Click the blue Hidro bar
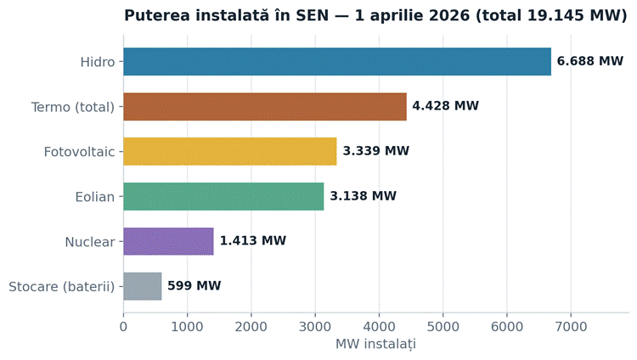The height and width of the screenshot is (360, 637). [x=337, y=62]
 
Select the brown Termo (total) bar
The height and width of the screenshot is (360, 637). [x=265, y=106]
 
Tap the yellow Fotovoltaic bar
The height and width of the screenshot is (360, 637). [x=230, y=152]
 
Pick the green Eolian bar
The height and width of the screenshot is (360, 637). [x=223, y=197]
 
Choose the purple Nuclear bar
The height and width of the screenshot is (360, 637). [x=169, y=241]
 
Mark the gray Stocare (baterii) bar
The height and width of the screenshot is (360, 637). [x=143, y=286]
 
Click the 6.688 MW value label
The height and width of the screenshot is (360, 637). [x=590, y=61]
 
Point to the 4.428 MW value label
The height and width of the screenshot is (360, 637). [x=446, y=106]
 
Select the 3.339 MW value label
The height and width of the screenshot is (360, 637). [x=375, y=151]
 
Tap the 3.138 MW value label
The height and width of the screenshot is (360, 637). [x=363, y=196]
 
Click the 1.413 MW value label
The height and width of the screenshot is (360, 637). [x=253, y=241]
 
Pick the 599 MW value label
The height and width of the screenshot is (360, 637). [x=194, y=286]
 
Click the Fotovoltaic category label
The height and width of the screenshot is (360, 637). [x=79, y=152]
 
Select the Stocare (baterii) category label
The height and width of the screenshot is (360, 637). [x=62, y=287]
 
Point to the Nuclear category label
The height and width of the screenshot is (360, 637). [x=90, y=242]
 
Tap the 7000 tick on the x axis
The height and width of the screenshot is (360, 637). [x=571, y=327]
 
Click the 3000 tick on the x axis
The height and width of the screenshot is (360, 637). [x=315, y=327]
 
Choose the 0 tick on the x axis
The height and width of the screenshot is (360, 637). [x=123, y=327]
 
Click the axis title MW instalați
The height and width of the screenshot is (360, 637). [x=375, y=344]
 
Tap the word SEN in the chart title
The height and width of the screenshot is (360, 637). [x=312, y=15]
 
